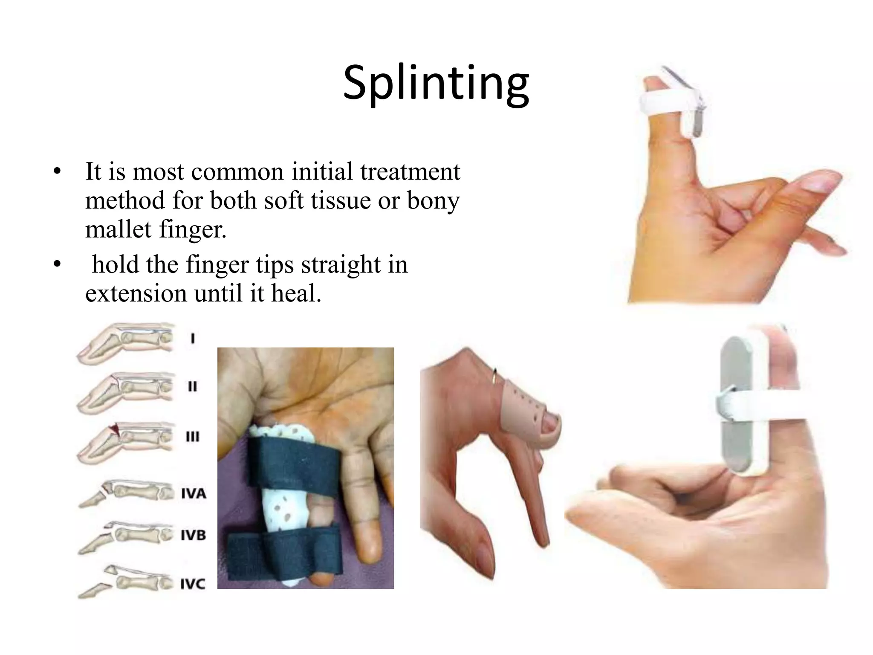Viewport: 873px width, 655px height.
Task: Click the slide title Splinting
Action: [436, 83]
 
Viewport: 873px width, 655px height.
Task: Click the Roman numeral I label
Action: [193, 339]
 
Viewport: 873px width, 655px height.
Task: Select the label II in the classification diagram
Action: [193, 387]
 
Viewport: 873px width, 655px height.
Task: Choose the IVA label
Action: [194, 494]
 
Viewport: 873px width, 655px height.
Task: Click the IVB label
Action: [194, 535]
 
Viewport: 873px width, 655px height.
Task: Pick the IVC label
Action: [193, 584]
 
